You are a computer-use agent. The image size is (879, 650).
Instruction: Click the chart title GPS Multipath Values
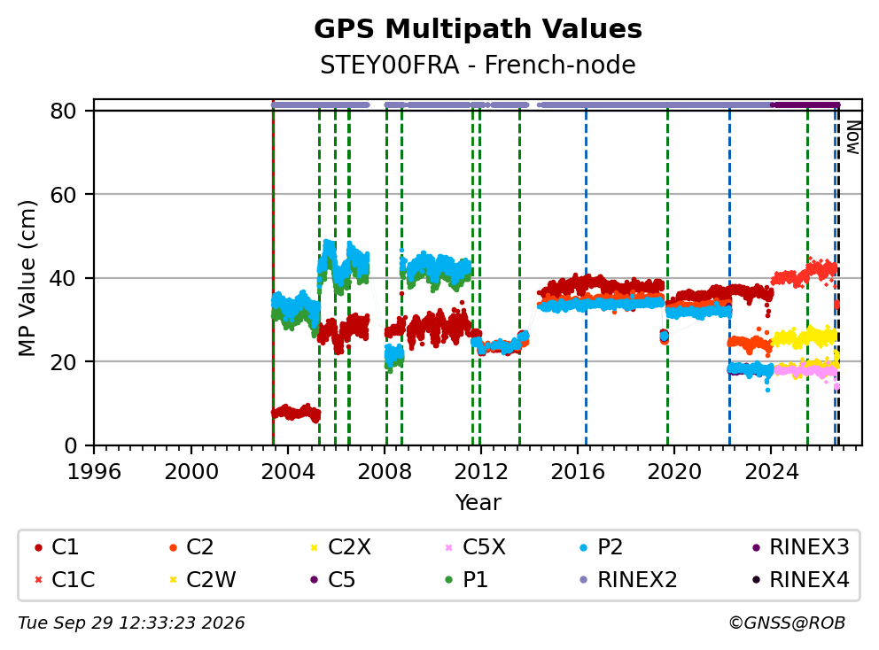[x=478, y=29]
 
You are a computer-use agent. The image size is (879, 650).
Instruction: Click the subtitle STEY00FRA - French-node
[x=478, y=65]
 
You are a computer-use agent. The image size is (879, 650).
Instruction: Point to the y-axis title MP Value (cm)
[x=27, y=278]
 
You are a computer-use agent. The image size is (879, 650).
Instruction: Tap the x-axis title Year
[x=478, y=502]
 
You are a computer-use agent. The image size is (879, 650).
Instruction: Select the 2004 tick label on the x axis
[x=288, y=472]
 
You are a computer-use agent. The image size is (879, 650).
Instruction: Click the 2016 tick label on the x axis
[x=578, y=472]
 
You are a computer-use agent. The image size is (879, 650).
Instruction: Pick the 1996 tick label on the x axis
[x=94, y=472]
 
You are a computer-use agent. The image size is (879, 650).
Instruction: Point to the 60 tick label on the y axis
[x=63, y=195]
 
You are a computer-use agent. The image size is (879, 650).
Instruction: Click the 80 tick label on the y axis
[x=63, y=111]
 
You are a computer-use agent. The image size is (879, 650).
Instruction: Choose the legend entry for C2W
[x=203, y=579]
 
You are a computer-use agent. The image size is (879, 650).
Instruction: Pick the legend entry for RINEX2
[x=628, y=579]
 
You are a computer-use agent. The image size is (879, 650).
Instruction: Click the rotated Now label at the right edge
[x=852, y=137]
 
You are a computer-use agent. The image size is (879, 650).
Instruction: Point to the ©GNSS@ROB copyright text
[x=787, y=623]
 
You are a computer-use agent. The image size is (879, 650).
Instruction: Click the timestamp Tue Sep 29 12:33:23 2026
[x=131, y=623]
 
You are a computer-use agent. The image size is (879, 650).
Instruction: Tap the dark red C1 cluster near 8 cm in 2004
[x=296, y=413]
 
